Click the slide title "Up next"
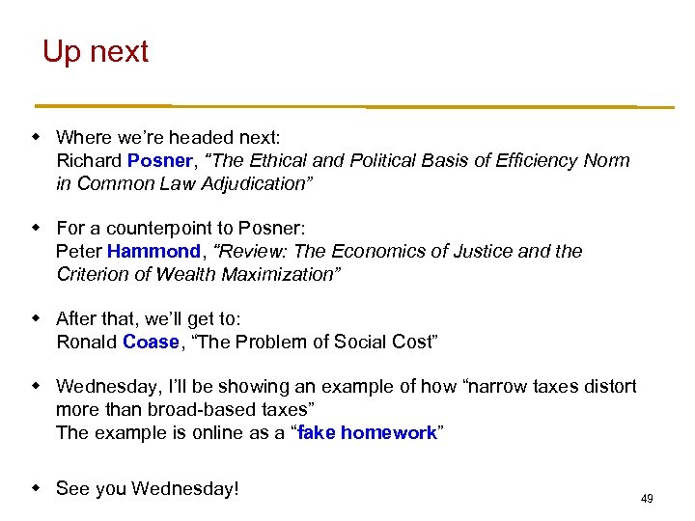(x=96, y=51)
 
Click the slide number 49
(x=647, y=499)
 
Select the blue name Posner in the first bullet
(x=159, y=160)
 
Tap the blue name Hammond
(x=153, y=251)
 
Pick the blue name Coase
(x=151, y=342)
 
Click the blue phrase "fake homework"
(x=367, y=432)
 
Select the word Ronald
(x=87, y=342)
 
